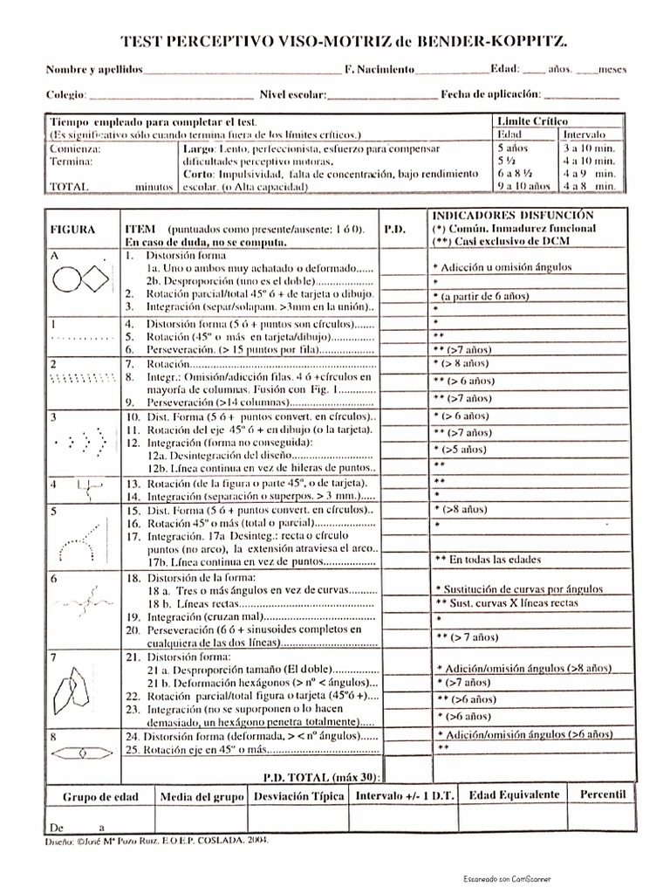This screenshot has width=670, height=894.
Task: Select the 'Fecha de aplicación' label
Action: tap(490, 93)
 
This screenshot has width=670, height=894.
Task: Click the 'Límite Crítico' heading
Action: tap(531, 121)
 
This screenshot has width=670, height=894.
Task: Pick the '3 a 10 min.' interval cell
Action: tap(591, 148)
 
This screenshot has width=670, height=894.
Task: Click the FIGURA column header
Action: tap(72, 229)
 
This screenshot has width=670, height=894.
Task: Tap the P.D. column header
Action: tap(395, 229)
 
